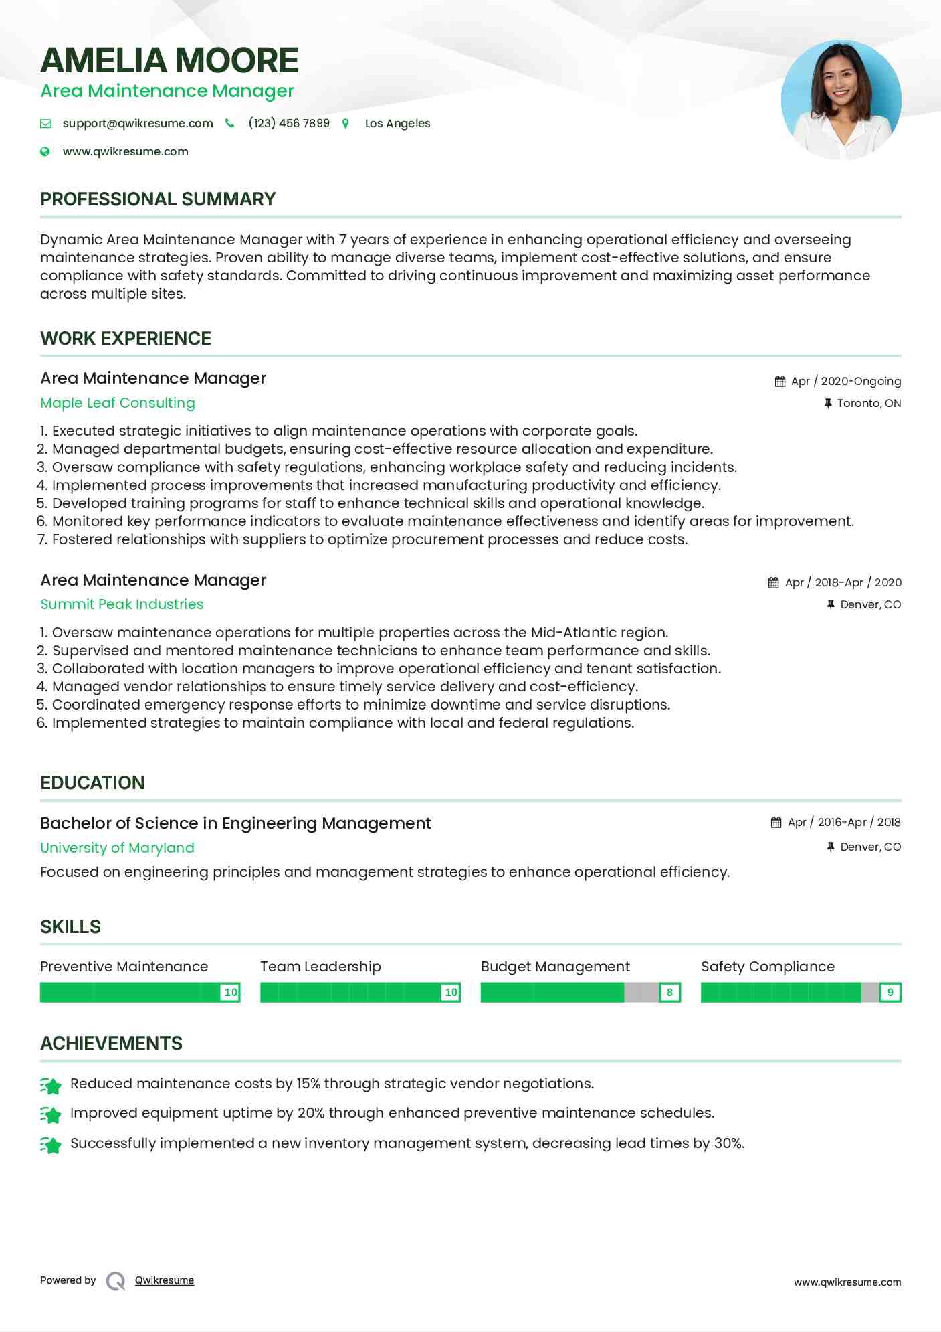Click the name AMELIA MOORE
click(x=169, y=60)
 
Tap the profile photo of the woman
click(x=841, y=100)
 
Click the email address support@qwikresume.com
click(x=138, y=123)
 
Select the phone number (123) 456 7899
click(x=289, y=123)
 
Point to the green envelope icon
click(x=45, y=123)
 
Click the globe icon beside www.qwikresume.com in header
click(x=45, y=151)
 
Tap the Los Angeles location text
click(x=397, y=123)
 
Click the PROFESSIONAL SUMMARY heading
click(x=158, y=199)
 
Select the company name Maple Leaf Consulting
click(x=118, y=403)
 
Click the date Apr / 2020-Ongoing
click(x=845, y=381)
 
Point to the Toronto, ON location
click(x=868, y=403)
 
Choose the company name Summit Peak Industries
click(x=122, y=604)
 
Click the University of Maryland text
click(x=117, y=848)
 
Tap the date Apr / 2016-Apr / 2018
click(x=844, y=822)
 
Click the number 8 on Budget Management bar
click(x=669, y=993)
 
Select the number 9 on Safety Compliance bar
click(x=890, y=993)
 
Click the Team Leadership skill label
click(x=320, y=967)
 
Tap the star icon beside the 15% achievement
click(x=51, y=1085)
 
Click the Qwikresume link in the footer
click(x=165, y=1280)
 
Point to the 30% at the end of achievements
click(x=728, y=1143)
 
